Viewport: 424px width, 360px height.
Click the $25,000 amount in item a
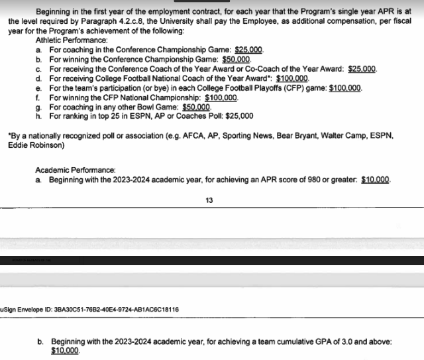click(x=249, y=50)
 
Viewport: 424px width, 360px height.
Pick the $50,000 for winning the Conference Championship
click(x=237, y=60)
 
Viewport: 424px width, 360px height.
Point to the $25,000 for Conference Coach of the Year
click(x=362, y=69)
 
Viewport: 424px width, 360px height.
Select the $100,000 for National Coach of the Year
click(x=292, y=78)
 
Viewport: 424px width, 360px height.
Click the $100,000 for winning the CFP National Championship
click(x=221, y=97)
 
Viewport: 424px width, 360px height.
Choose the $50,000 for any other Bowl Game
click(x=196, y=106)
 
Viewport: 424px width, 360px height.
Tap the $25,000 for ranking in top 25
click(x=238, y=115)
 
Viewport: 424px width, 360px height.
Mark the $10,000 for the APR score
click(x=376, y=180)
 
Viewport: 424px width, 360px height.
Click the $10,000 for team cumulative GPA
click(x=65, y=351)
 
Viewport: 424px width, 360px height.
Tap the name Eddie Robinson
click(x=33, y=145)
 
